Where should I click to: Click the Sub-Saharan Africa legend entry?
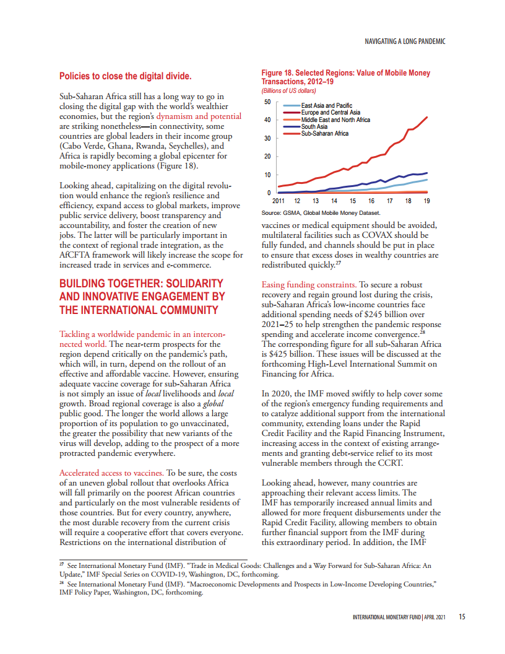[324, 133]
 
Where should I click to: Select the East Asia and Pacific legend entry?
[326, 106]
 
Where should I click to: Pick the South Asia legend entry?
[314, 126]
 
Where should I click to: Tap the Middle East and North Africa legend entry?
[335, 120]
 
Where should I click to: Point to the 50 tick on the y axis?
[267, 102]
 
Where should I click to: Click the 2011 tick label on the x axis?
[278, 201]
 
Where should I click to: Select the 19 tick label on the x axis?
[426, 201]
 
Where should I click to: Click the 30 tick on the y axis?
[267, 138]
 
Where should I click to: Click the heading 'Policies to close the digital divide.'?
[125, 76]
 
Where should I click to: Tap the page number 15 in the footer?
[462, 617]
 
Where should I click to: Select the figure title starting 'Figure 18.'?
[345, 77]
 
